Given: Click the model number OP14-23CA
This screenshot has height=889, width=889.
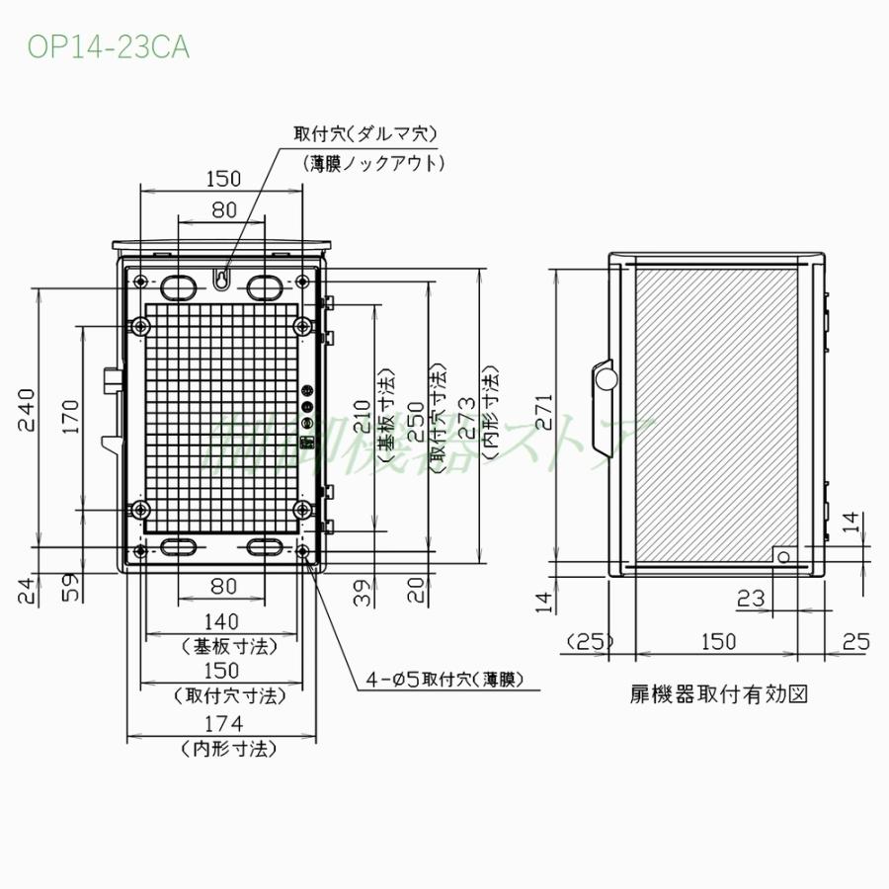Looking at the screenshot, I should [108, 46].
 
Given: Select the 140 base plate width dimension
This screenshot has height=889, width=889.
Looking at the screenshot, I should [223, 621].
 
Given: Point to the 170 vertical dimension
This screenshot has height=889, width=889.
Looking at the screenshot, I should [68, 416].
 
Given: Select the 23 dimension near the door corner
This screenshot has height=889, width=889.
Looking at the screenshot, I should [752, 597].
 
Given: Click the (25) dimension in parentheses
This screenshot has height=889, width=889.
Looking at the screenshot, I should [590, 641].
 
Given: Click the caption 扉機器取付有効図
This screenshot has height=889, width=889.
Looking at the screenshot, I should [718, 693].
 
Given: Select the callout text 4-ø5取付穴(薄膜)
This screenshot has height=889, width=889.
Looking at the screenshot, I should [444, 679].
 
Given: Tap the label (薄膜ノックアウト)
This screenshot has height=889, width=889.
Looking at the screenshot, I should [373, 163].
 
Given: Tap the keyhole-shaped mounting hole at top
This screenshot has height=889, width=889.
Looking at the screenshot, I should [223, 280].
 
